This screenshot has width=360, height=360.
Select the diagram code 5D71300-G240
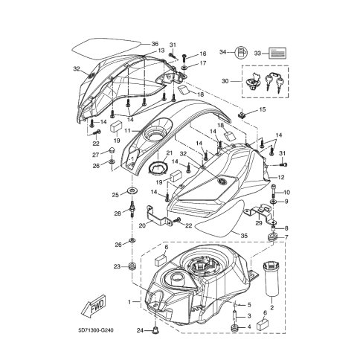(x=95, y=330)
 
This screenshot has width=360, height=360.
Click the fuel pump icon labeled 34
(x=241, y=53)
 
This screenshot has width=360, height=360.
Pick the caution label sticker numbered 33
(x=277, y=53)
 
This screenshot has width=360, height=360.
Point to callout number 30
(x=225, y=81)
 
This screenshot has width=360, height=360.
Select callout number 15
(x=262, y=109)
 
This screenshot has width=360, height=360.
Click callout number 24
(x=140, y=330)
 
